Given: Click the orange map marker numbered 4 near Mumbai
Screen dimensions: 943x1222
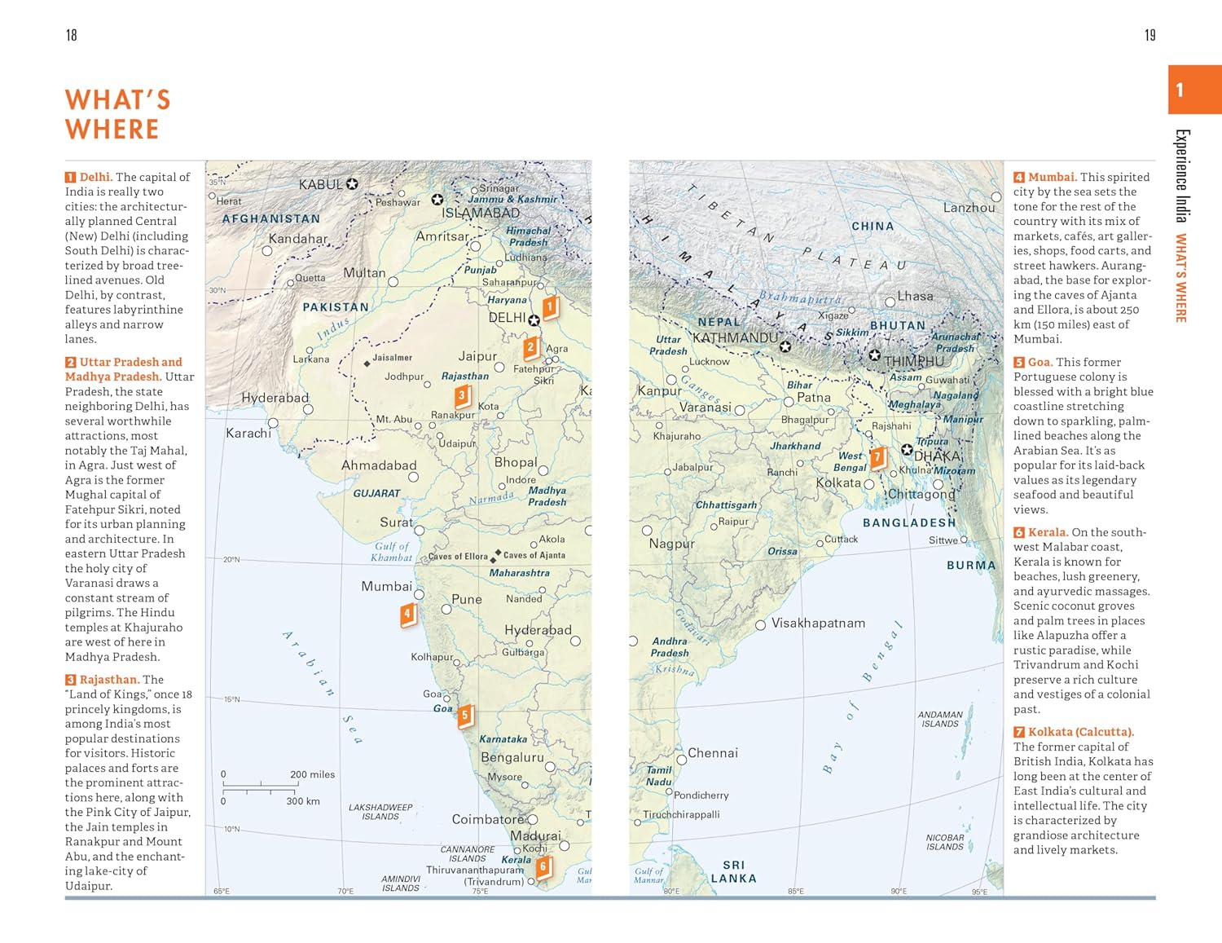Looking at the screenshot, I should tap(407, 614).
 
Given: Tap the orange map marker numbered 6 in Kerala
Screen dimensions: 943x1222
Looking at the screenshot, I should tap(543, 867).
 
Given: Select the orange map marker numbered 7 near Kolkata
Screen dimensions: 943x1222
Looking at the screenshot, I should tap(877, 457).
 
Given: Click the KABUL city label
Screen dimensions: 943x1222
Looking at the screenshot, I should tap(320, 184).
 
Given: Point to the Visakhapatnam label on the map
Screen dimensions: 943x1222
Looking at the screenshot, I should tap(818, 623).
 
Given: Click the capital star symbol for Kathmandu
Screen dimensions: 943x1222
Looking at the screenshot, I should tap(785, 346).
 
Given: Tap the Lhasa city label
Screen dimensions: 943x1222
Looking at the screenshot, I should tap(915, 296).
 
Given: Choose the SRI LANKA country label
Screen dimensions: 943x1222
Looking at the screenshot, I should tap(733, 871).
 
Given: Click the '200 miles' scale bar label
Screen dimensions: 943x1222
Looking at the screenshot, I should tap(312, 774).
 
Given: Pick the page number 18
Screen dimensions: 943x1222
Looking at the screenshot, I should tap(71, 35).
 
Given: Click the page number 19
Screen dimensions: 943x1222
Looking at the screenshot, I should tap(1149, 35).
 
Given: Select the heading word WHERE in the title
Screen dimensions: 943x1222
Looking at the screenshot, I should tap(112, 130).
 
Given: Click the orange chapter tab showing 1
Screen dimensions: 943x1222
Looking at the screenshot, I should tap(1193, 90).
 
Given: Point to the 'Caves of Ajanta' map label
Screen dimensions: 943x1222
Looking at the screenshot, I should tap(534, 555).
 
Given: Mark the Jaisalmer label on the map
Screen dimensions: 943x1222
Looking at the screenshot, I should tap(392, 358).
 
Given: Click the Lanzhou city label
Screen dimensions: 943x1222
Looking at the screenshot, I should tap(969, 208).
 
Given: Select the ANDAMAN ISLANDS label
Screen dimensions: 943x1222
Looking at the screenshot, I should tap(940, 719).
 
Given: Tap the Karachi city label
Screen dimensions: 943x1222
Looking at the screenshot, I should tap(248, 433).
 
